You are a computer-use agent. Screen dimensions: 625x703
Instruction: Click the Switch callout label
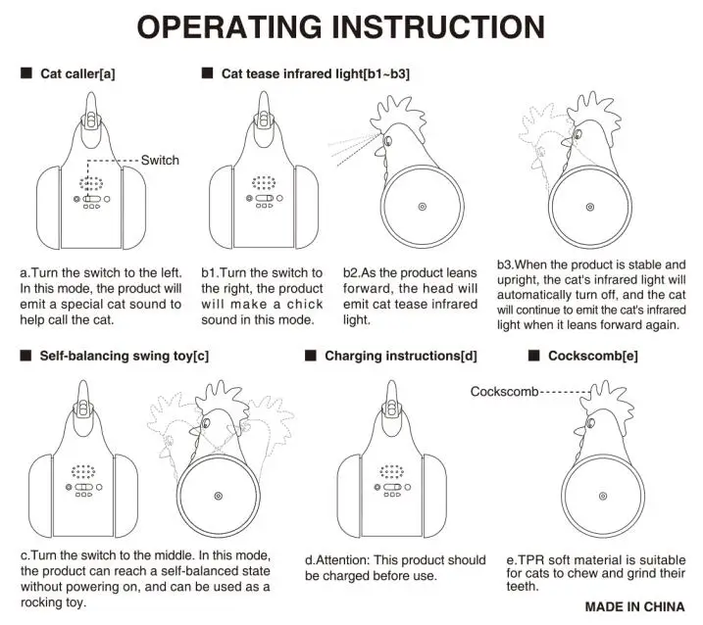[160, 160]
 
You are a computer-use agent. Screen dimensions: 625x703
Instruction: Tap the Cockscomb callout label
[504, 392]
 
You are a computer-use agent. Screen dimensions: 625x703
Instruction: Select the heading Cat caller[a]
[83, 73]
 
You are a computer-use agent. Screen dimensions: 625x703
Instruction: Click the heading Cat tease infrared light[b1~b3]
[316, 73]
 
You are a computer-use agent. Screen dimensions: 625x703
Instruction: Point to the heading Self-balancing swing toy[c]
[125, 356]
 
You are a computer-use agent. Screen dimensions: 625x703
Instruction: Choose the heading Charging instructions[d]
[401, 356]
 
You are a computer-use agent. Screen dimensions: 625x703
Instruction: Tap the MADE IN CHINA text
[634, 606]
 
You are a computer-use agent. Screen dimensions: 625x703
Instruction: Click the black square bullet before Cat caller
[25, 73]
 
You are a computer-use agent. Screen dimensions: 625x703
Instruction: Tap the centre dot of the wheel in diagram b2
[423, 207]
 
